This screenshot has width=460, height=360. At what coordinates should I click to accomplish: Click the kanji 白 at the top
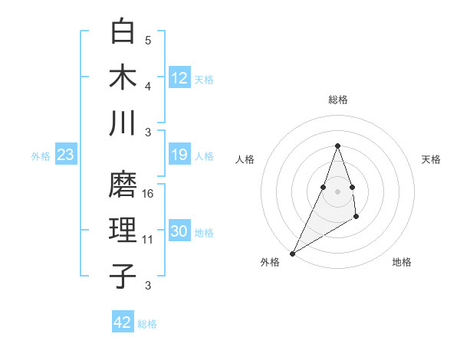[123, 32]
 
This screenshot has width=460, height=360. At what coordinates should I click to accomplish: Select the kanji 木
[123, 77]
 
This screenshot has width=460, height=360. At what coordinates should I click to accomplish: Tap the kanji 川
[123, 123]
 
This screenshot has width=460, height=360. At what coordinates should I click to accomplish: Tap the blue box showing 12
[179, 77]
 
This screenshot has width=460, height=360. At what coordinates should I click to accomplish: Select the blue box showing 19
[179, 155]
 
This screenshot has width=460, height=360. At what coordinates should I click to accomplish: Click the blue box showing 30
[179, 231]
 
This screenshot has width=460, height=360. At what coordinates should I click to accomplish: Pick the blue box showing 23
[65, 155]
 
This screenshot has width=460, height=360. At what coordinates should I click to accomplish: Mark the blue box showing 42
[123, 322]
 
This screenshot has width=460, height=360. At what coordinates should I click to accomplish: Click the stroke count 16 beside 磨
[148, 194]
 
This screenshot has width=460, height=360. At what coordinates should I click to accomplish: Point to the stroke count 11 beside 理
[148, 240]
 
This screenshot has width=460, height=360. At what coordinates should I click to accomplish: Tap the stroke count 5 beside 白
[148, 41]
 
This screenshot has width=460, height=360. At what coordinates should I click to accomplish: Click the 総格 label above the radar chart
[337, 100]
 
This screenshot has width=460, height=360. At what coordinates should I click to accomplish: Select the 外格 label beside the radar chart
[270, 262]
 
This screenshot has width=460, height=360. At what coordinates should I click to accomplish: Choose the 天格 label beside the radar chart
[431, 159]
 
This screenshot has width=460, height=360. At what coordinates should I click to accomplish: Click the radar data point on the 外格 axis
[292, 253]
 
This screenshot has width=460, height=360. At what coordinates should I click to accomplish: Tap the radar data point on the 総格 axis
[337, 146]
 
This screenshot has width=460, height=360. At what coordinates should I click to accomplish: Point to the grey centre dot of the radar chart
[337, 191]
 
